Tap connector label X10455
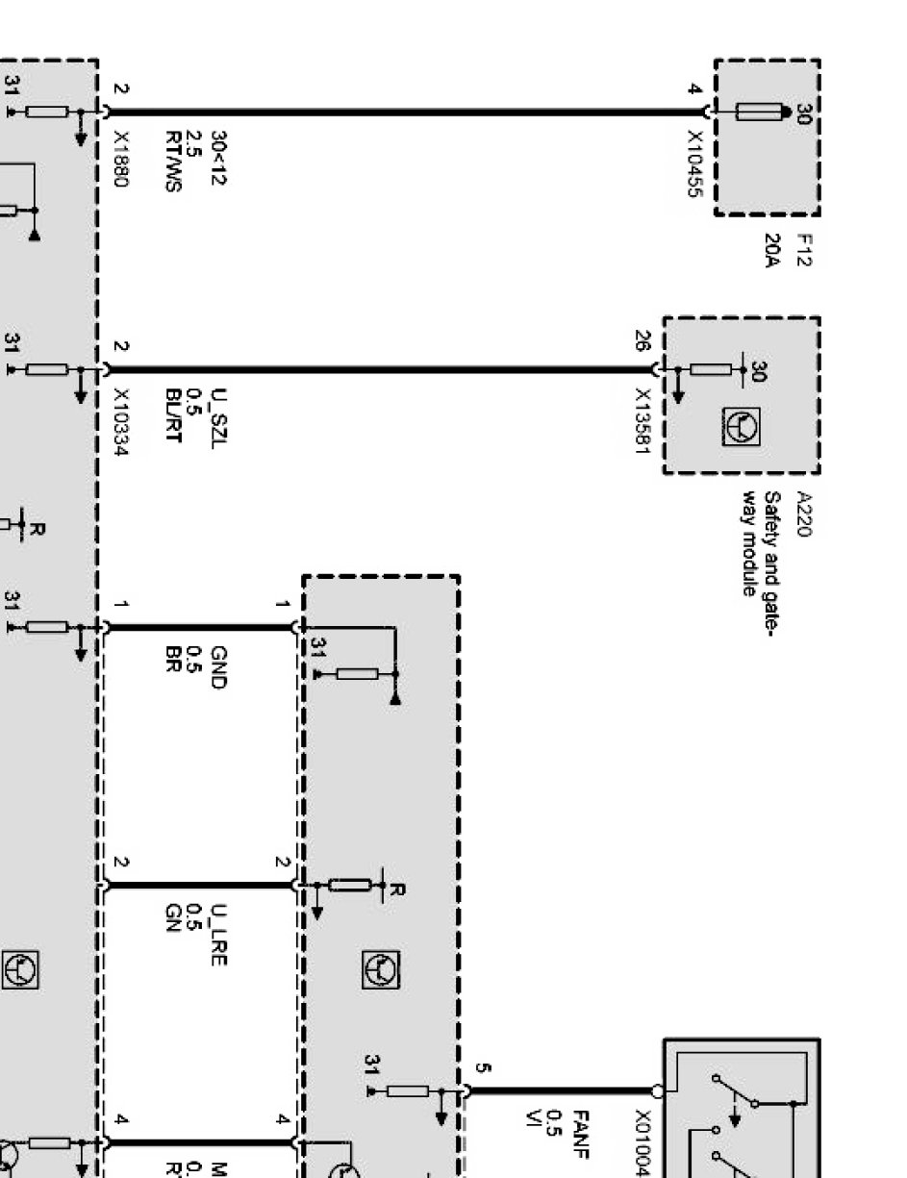click(x=693, y=164)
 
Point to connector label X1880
click(x=120, y=154)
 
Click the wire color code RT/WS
click(x=175, y=161)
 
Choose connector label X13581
click(x=643, y=422)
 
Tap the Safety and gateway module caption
click(x=759, y=543)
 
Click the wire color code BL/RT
click(x=175, y=412)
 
